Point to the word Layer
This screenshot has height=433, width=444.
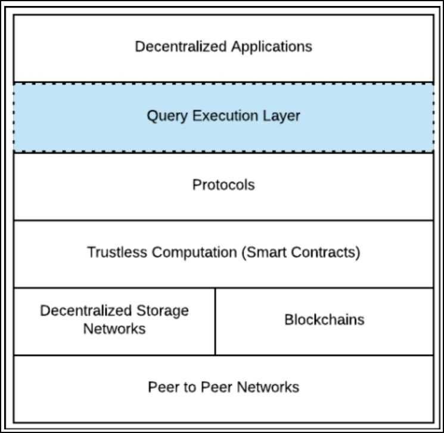point(281,115)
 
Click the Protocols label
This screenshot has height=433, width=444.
point(223,185)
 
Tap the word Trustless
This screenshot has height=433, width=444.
point(117,252)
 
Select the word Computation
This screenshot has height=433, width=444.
point(195,252)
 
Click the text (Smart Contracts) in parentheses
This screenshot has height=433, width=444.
point(301,252)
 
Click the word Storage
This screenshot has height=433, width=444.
point(162,311)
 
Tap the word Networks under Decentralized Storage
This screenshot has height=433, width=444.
point(114,328)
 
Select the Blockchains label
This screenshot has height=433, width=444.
point(324,320)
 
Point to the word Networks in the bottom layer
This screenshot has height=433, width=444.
point(267,387)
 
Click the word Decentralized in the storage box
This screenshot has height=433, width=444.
point(85,311)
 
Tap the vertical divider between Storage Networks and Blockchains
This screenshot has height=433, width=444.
point(215,321)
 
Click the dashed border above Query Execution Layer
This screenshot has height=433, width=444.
point(223,83)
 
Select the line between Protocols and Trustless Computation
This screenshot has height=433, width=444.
point(223,220)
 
